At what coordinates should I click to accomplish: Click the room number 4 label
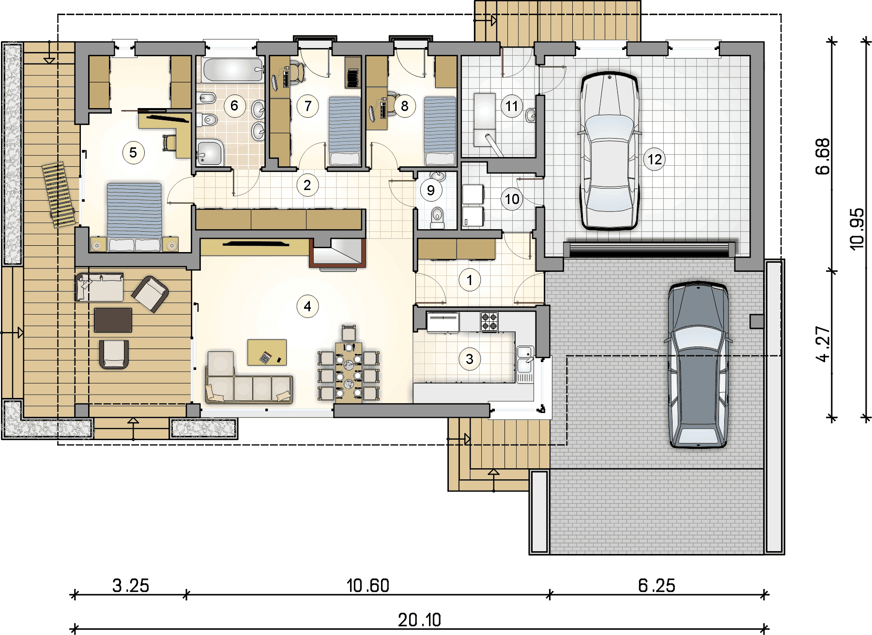click(x=307, y=306)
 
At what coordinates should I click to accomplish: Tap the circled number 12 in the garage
click(x=655, y=159)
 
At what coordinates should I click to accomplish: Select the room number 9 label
click(x=430, y=190)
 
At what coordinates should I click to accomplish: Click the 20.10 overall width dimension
click(x=419, y=620)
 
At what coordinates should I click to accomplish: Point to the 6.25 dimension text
click(x=657, y=586)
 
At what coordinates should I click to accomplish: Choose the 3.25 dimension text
click(x=131, y=586)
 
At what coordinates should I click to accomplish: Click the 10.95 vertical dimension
click(x=857, y=229)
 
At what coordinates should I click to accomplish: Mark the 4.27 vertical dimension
click(x=823, y=344)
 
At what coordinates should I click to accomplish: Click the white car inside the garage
click(x=609, y=151)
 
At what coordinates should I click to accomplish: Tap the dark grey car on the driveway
click(x=698, y=365)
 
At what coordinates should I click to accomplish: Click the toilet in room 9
click(x=437, y=217)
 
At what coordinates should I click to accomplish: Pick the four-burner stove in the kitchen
click(x=489, y=321)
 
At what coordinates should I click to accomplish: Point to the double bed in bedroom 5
click(x=134, y=217)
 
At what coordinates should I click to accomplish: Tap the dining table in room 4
click(x=349, y=372)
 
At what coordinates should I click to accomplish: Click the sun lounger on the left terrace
click(x=59, y=194)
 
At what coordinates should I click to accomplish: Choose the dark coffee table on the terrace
click(x=113, y=320)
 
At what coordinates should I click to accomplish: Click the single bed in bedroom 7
click(x=345, y=131)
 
